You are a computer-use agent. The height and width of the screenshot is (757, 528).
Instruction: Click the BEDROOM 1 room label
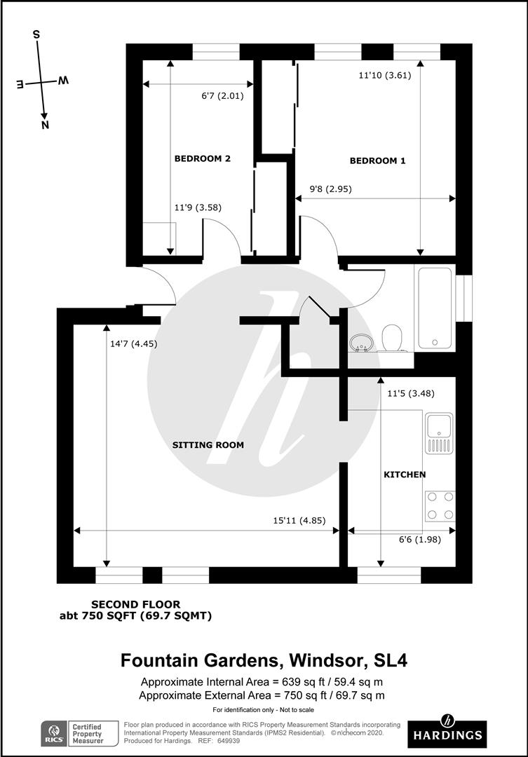(377, 161)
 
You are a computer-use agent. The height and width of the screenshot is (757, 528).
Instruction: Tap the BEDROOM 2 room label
(202, 158)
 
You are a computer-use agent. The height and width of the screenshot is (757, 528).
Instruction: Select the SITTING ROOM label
(208, 444)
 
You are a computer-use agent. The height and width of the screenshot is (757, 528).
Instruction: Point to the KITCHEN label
(405, 475)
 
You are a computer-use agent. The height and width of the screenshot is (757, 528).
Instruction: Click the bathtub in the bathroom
(435, 308)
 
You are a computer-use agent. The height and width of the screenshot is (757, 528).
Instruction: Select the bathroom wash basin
(362, 343)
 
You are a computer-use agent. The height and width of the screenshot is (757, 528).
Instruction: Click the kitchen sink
(439, 433)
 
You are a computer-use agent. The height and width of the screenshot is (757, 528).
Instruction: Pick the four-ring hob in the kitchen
(439, 505)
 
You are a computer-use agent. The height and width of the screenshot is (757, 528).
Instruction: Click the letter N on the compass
(45, 125)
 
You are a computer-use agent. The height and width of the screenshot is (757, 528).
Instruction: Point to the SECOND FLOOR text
(136, 604)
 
